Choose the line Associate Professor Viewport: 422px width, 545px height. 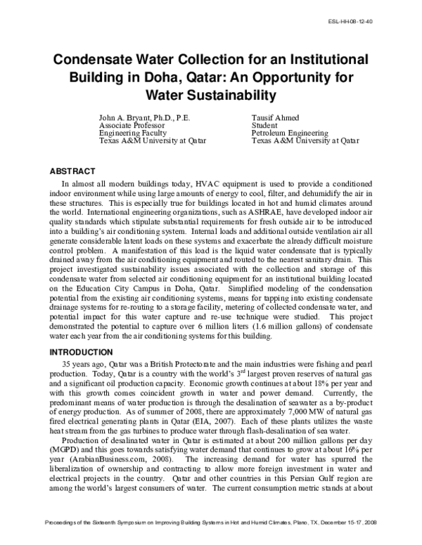coord(130,125)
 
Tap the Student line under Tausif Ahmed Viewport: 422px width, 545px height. coord(264,125)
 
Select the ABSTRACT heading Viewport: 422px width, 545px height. coord(72,171)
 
